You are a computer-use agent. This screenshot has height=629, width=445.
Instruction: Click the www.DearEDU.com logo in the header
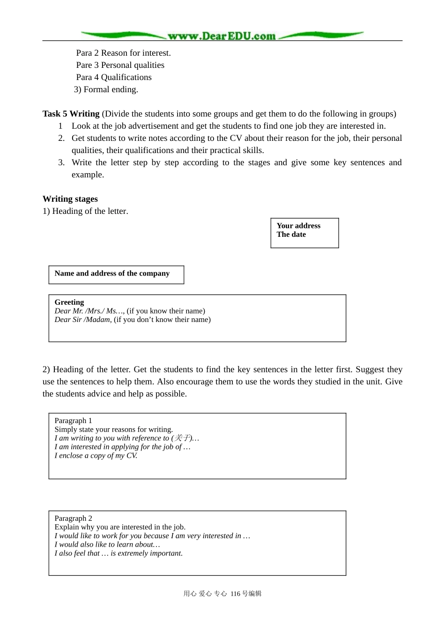click(x=222, y=36)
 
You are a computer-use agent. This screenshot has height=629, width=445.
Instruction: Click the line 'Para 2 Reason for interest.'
click(x=123, y=53)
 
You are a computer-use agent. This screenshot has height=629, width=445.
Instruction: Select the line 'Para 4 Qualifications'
click(x=114, y=77)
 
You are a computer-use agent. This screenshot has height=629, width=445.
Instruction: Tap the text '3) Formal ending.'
click(x=106, y=89)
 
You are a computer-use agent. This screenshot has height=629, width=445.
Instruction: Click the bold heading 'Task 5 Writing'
click(x=71, y=114)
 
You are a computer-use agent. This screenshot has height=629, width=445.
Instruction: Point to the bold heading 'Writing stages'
click(x=70, y=199)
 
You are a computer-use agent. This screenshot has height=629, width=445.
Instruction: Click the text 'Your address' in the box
click(x=298, y=226)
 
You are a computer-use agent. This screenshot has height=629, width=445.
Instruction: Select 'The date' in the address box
click(x=291, y=234)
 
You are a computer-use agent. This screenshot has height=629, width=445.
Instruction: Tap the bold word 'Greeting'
click(x=69, y=302)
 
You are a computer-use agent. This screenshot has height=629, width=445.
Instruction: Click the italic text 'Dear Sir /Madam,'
click(x=83, y=320)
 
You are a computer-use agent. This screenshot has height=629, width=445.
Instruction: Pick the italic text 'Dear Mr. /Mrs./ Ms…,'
click(x=89, y=311)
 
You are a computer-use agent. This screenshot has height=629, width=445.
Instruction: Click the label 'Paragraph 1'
click(x=73, y=421)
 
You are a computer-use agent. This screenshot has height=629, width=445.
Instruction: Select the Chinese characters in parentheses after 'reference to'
click(x=182, y=438)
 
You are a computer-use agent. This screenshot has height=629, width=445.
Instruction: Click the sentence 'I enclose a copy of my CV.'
click(x=96, y=455)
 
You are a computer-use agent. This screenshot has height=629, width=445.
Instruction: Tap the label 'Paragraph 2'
click(x=73, y=519)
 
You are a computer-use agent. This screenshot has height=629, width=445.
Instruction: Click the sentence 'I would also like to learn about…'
click(x=107, y=544)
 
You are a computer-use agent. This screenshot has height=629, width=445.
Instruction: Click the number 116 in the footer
click(x=235, y=593)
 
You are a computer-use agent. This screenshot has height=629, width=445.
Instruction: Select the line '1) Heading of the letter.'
click(x=85, y=211)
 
